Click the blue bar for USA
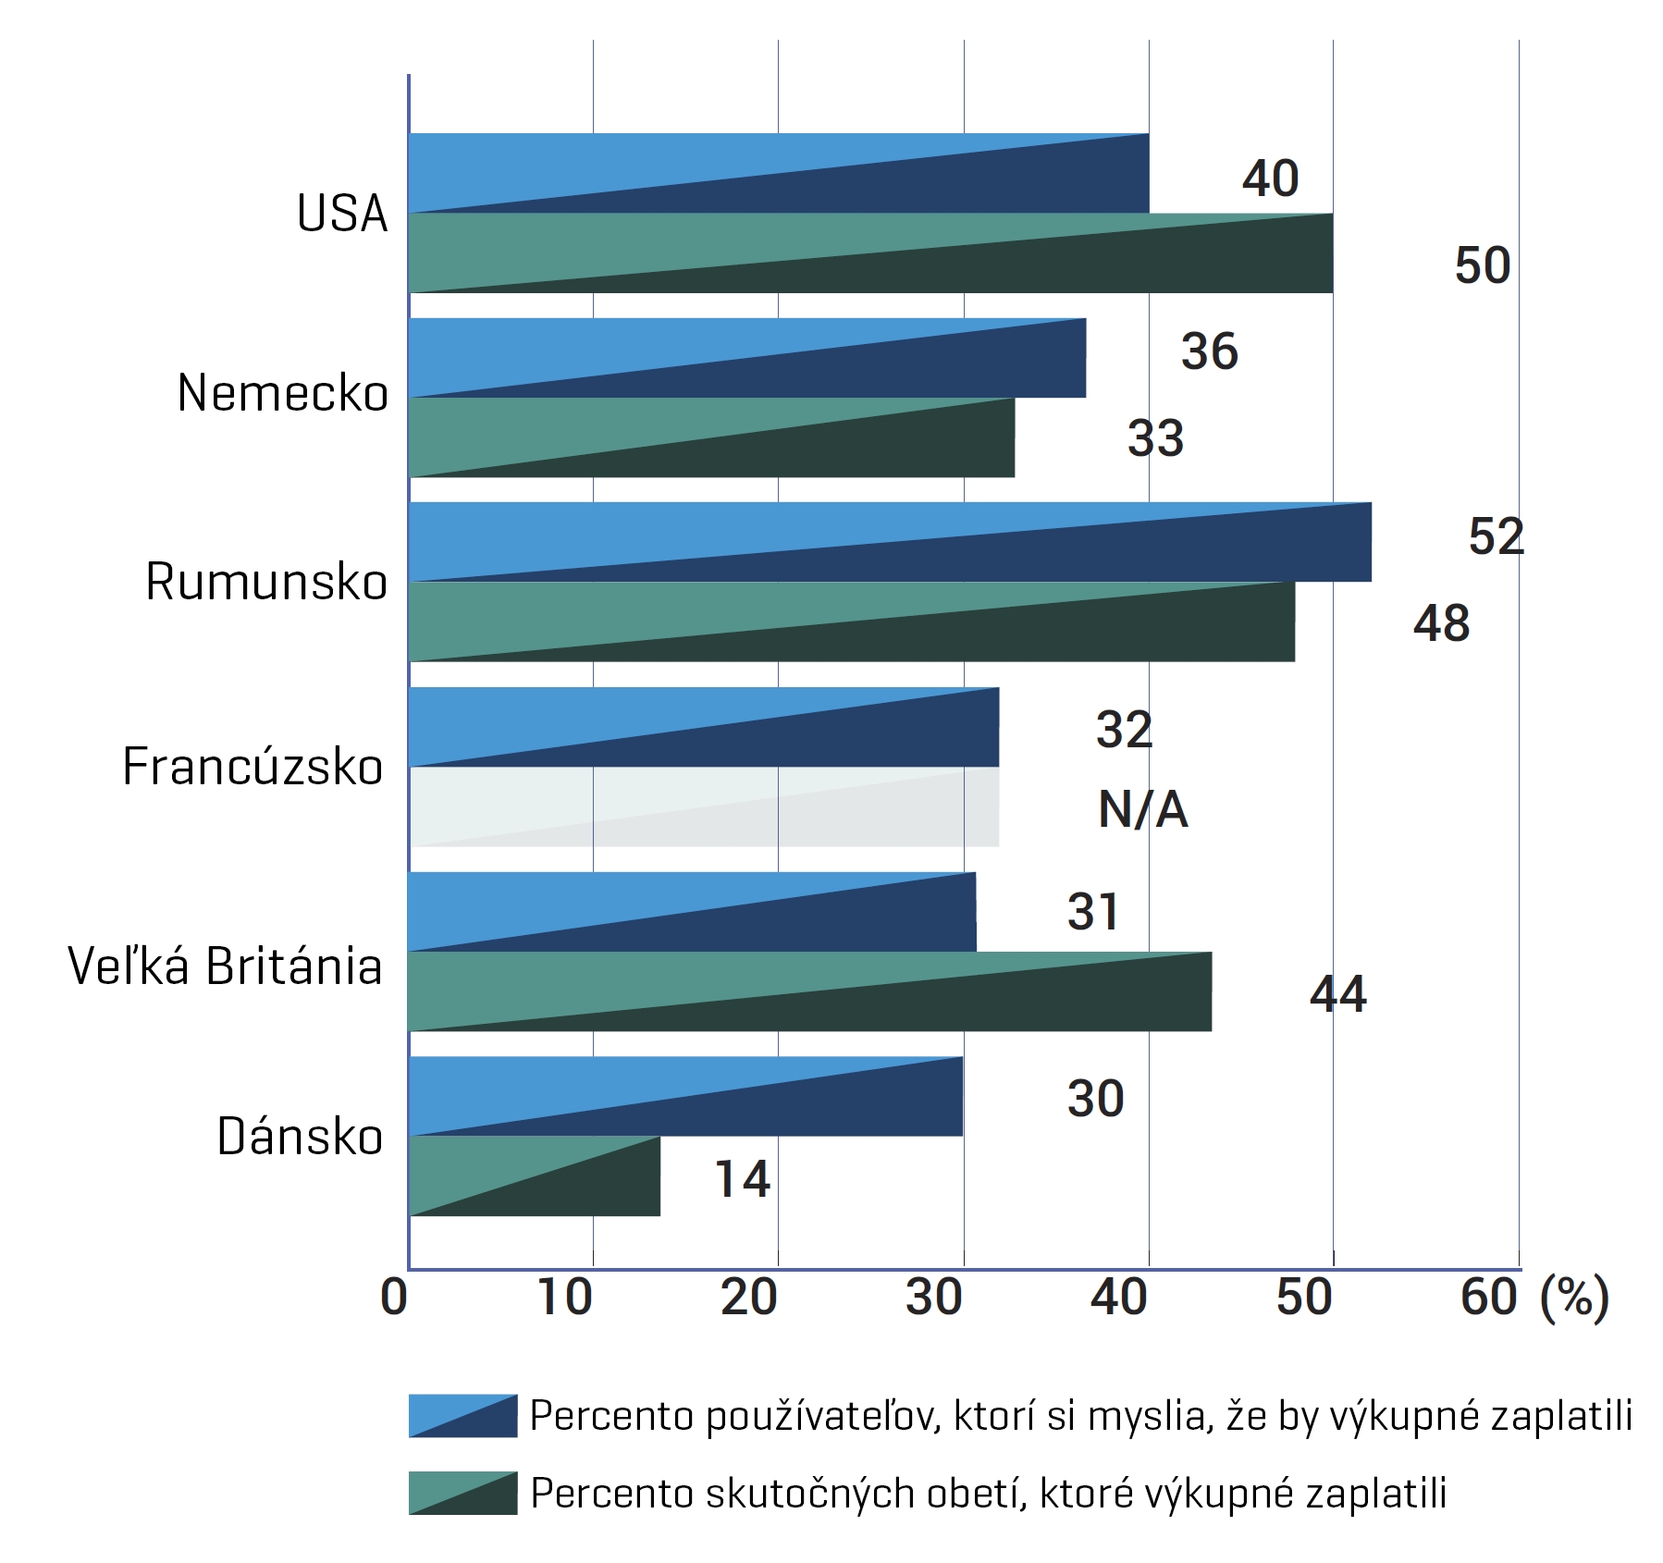point(778,173)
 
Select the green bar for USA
point(870,252)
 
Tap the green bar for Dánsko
point(534,1175)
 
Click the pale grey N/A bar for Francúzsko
point(703,806)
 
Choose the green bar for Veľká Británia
point(809,991)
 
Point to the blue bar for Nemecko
point(746,358)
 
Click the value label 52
point(1496,536)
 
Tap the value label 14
point(742,1178)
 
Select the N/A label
point(1142,810)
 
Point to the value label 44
point(1337,994)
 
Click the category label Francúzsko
point(253,767)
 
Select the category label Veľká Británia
point(225,966)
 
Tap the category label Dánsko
point(300,1137)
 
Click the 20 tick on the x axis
point(748,1297)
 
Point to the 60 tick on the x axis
point(1488,1297)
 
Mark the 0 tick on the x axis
point(394,1297)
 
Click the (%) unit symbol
point(1574,1297)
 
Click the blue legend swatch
point(462,1416)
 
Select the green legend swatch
point(462,1493)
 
